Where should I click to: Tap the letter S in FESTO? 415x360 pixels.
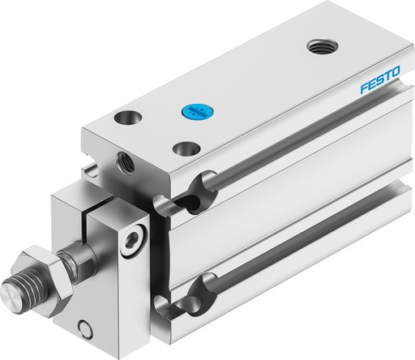[381, 88]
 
